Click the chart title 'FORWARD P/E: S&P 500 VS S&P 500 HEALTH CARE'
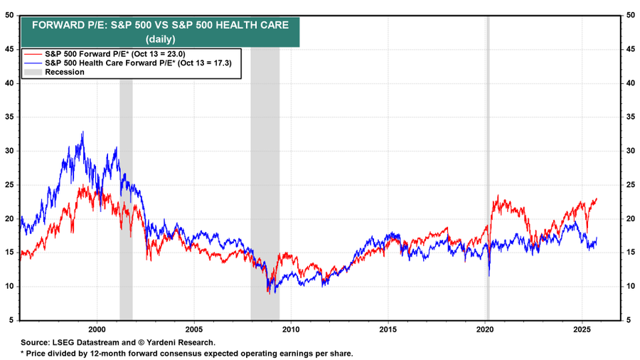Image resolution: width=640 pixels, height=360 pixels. click(x=159, y=25)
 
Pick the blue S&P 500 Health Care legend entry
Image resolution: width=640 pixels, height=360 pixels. click(x=134, y=63)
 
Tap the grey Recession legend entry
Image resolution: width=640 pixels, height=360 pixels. click(x=64, y=72)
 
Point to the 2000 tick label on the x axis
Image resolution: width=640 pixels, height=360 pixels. click(x=97, y=329)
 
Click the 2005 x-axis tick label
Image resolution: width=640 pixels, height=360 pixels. click(x=194, y=329)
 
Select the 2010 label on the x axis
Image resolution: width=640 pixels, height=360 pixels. click(x=291, y=329)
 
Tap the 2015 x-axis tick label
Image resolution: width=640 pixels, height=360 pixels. click(x=388, y=329)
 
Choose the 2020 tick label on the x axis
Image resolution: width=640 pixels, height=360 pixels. click(x=485, y=329)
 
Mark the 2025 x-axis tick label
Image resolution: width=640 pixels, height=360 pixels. click(x=582, y=329)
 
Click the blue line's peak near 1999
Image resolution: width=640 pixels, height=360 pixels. click(x=83, y=132)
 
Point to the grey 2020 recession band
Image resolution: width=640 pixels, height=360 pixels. click(x=487, y=171)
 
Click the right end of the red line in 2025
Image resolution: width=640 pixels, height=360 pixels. click(x=596, y=198)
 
